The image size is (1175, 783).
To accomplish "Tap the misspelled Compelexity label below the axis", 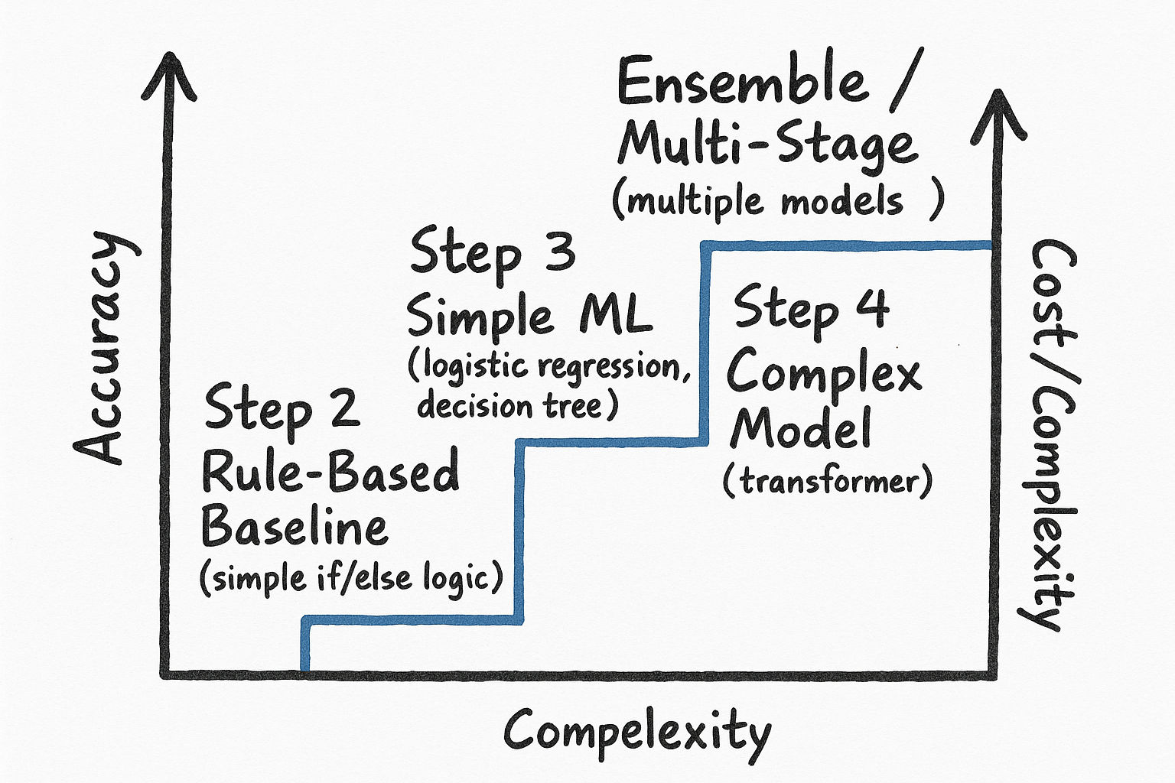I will [x=636, y=733].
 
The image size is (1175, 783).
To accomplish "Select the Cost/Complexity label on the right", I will [x=1051, y=436].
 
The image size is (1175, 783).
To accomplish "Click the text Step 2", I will [x=282, y=410].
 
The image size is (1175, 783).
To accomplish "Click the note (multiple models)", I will [x=777, y=202].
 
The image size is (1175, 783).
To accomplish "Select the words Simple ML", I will [x=529, y=316].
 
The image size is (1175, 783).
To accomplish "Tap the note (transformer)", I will [x=828, y=482].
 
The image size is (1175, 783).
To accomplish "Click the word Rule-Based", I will [x=330, y=472].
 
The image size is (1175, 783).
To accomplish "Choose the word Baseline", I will [x=295, y=527].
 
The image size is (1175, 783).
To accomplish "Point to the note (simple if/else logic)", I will [x=351, y=577].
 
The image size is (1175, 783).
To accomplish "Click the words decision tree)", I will [x=517, y=404].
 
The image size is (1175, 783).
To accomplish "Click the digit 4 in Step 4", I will [x=871, y=307].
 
